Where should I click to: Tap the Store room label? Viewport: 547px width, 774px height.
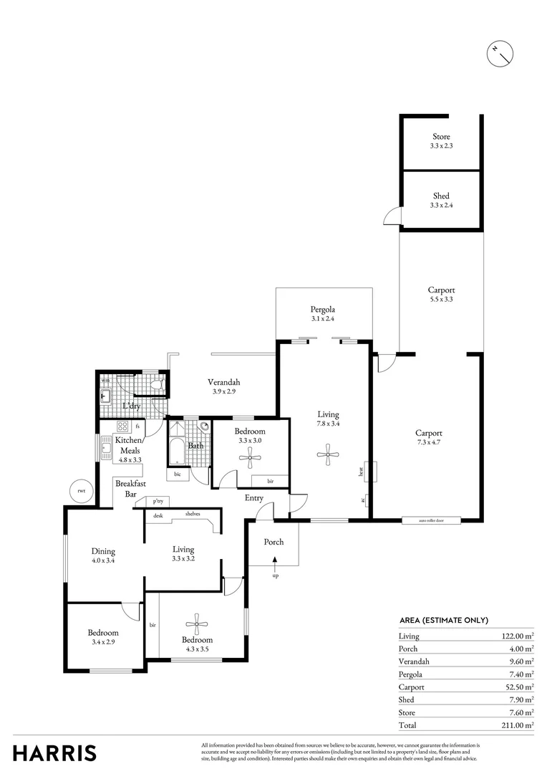(x=441, y=136)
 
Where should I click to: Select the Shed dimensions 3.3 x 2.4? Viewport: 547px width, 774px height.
(x=441, y=205)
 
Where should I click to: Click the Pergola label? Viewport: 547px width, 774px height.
(x=323, y=310)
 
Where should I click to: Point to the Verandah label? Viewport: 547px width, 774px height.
(x=223, y=382)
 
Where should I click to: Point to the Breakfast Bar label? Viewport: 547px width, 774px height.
(x=126, y=489)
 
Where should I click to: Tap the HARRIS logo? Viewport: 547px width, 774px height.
(x=54, y=752)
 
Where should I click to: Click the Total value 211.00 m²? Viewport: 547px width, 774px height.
(x=516, y=725)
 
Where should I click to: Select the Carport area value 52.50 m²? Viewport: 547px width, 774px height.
(x=516, y=687)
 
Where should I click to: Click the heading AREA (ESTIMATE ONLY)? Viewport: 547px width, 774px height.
(x=443, y=620)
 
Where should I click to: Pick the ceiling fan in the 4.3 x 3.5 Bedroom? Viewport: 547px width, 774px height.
(x=197, y=621)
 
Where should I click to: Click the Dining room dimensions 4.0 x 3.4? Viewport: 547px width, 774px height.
(x=103, y=561)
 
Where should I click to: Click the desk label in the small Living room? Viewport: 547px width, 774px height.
(x=158, y=515)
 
